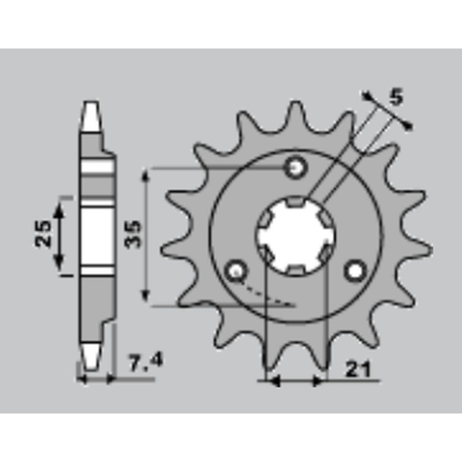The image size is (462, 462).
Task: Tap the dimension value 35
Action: coord(133,234)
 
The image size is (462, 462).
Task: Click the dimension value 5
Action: coord(396,98)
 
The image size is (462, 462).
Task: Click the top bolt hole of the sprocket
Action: coord(296,168)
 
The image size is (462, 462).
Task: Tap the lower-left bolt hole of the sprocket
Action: coord(236,270)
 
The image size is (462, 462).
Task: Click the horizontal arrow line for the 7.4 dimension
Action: coord(96,379)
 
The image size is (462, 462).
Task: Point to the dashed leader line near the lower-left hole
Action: coord(269,293)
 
